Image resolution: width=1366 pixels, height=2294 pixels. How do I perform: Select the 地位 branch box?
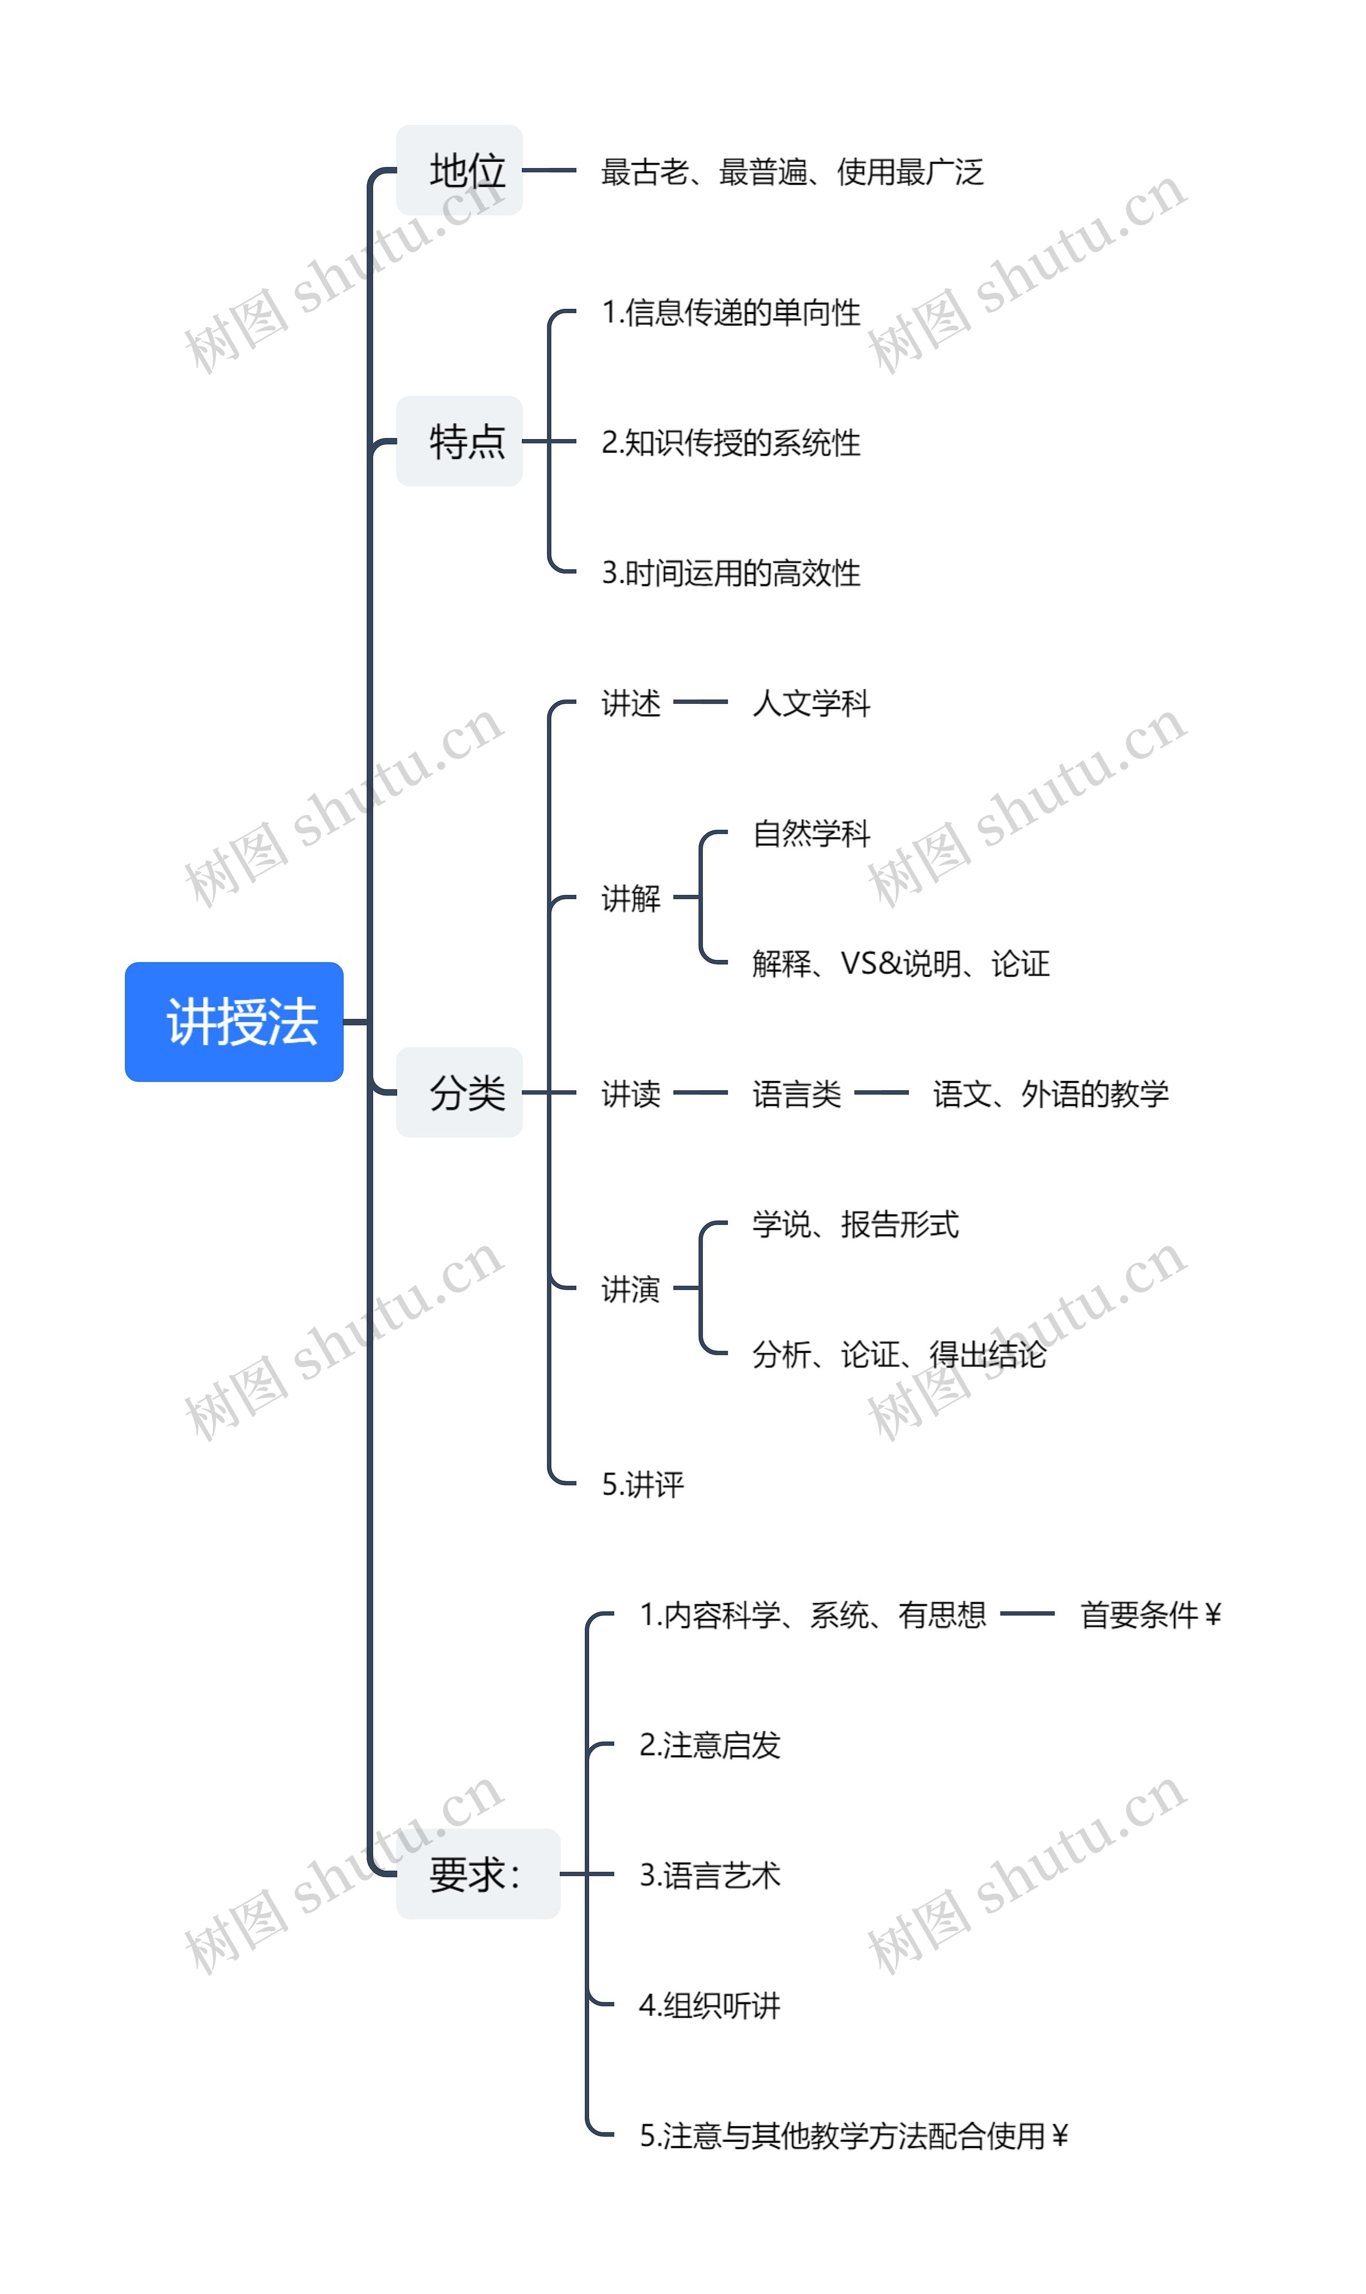459,170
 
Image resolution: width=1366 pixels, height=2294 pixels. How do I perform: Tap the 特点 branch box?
459,441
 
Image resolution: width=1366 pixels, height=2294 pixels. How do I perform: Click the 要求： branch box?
478,1874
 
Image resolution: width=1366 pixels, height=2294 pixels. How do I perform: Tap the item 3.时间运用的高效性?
731,573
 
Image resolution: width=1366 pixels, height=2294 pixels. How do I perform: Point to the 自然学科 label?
811,833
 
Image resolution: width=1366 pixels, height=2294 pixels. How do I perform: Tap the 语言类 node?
796,1093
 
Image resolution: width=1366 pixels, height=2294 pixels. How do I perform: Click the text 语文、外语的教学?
1050,1093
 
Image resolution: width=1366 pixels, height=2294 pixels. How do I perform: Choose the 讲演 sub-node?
631,1289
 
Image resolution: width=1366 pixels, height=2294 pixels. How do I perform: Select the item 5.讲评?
642,1484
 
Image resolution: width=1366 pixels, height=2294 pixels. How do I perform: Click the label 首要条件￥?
1150,1615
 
